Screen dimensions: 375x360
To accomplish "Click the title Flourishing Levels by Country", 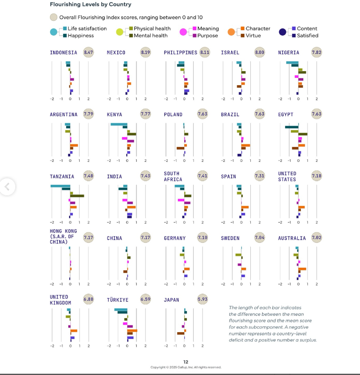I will [90, 5].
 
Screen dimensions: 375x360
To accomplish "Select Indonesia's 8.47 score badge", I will [89, 52].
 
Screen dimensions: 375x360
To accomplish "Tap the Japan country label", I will [172, 300].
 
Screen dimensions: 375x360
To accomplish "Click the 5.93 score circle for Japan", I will [202, 300].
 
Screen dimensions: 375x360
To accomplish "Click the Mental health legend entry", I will [151, 36].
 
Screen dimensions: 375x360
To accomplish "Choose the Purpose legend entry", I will [208, 36].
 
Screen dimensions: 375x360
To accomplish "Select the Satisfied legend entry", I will [307, 36].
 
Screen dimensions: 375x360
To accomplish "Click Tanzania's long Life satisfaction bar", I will [60, 186].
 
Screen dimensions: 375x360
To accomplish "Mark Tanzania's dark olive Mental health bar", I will [77, 196].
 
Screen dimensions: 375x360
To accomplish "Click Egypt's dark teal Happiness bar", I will [292, 127].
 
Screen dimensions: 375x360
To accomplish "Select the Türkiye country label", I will [118, 300].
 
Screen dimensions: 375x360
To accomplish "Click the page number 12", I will [186, 362].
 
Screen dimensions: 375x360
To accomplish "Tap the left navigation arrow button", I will [6, 186].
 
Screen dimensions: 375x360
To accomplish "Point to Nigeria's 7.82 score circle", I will [316, 52].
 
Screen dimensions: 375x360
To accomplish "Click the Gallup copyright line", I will [186, 367].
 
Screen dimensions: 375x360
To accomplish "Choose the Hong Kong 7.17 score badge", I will [89, 238].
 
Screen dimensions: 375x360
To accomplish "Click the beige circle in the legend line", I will [54, 17].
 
